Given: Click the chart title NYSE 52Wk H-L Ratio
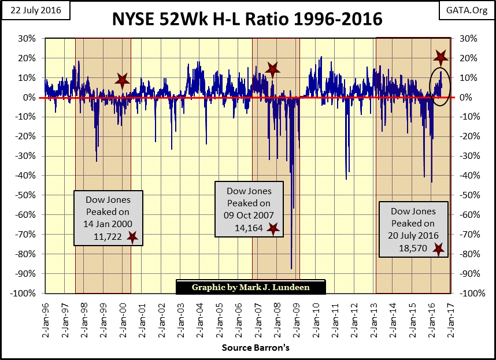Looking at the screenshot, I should (248, 19).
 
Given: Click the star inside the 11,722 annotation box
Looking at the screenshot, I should (132, 237).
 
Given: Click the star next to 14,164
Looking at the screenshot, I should (273, 229).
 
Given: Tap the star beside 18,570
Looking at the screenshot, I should (439, 249).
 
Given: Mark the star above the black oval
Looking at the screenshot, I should (441, 57).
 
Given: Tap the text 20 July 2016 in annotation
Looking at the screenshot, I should (413, 235).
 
